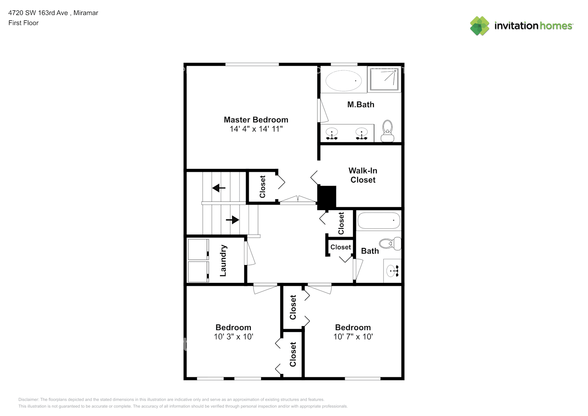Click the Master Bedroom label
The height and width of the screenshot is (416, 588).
pyautogui.click(x=256, y=120)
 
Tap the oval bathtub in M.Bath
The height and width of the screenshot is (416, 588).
pyautogui.click(x=343, y=81)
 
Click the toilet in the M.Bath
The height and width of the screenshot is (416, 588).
pyautogui.click(x=388, y=131)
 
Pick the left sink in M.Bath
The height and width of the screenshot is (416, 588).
pyautogui.click(x=331, y=134)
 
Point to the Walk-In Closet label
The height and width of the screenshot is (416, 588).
pyautogui.click(x=363, y=175)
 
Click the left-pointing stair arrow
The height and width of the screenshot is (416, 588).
pyautogui.click(x=219, y=188)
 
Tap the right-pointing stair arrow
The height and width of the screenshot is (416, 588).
pyautogui.click(x=232, y=219)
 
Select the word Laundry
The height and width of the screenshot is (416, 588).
pyautogui.click(x=223, y=260)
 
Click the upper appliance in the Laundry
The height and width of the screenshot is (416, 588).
pyautogui.click(x=198, y=250)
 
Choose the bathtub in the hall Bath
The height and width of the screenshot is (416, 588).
pyautogui.click(x=379, y=220)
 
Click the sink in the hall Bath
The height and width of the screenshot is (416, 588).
pyautogui.click(x=393, y=271)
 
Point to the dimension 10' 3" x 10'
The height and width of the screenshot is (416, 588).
pyautogui.click(x=233, y=337)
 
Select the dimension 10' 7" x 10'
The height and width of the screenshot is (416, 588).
pyautogui.click(x=353, y=337)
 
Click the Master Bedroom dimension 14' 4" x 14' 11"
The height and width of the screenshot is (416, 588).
pyautogui.click(x=256, y=129)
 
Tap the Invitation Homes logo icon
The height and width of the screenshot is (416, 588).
pyautogui.click(x=479, y=26)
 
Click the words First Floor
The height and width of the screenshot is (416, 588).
pyautogui.click(x=23, y=23)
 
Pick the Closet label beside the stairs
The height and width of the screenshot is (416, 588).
pyautogui.click(x=262, y=187)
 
